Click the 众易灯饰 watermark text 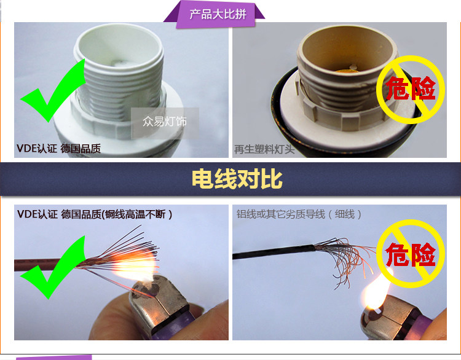tap(165, 121)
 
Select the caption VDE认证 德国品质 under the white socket tap(59, 149)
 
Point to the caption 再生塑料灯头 tap(264, 149)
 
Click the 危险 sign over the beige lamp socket tap(411, 89)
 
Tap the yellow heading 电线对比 tap(237, 179)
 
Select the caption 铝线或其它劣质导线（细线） tap(299, 214)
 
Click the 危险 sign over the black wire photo tap(411, 254)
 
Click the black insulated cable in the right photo tap(274, 252)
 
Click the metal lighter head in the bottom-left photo tap(159, 306)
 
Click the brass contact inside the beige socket tap(345, 71)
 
